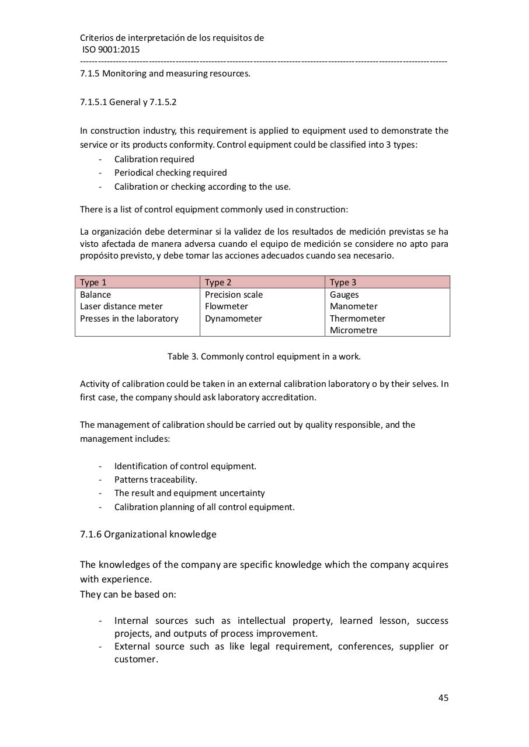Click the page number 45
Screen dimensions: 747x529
click(443, 697)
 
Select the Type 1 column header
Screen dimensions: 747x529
click(93, 282)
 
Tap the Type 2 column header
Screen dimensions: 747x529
click(218, 282)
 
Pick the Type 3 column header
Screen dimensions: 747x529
click(343, 282)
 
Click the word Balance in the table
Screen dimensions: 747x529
click(95, 295)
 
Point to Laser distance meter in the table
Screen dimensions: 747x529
click(121, 306)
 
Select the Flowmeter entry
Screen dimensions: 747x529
click(227, 306)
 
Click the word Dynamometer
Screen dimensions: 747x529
click(234, 319)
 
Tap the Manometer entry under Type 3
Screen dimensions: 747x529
click(354, 306)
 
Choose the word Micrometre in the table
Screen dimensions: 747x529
click(353, 330)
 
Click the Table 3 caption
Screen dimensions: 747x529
click(264, 356)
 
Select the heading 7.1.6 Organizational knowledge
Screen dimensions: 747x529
click(148, 534)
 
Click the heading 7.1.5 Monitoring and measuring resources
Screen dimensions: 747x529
click(165, 74)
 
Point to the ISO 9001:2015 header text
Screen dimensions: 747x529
click(111, 50)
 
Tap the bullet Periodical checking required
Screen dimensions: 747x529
click(170, 173)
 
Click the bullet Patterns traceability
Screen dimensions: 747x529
click(156, 480)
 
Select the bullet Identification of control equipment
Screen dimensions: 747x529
click(185, 466)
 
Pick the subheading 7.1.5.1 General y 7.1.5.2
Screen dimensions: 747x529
click(128, 102)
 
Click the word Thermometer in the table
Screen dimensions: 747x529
click(357, 319)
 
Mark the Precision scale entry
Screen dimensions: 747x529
click(234, 295)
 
